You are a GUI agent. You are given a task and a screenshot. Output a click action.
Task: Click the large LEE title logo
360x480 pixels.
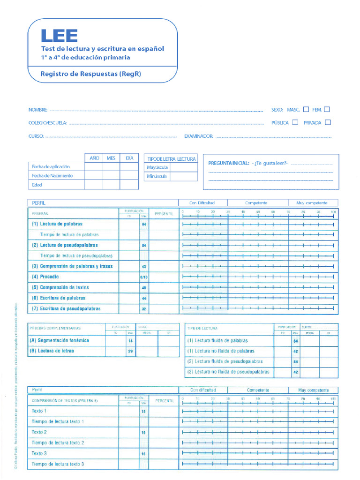click(59, 36)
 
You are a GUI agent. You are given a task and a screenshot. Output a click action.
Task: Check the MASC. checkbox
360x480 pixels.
click(306, 110)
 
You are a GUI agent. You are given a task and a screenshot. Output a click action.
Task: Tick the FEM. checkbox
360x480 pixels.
click(327, 110)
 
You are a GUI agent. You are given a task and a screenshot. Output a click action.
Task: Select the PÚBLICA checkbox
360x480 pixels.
click(295, 123)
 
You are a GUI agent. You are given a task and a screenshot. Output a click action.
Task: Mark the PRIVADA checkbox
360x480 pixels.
click(328, 123)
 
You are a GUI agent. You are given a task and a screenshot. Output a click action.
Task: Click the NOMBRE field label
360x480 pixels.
click(38, 110)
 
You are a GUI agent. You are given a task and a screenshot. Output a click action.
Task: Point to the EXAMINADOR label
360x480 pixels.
click(199, 136)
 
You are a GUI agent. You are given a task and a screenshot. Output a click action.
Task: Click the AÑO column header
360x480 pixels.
click(94, 158)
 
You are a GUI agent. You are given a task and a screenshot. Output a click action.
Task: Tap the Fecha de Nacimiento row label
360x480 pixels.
click(52, 176)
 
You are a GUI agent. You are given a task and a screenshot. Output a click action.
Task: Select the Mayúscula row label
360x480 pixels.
click(157, 167)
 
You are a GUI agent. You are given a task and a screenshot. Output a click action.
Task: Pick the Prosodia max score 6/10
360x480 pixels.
click(144, 277)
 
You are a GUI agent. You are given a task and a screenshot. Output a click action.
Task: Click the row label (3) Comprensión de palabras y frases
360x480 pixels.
click(72, 266)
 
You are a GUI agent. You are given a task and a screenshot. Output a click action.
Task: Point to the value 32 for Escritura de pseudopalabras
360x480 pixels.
click(144, 309)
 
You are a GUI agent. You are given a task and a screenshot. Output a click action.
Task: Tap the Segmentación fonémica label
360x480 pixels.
click(59, 340)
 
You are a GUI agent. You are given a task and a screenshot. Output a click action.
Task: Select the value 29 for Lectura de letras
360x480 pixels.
click(130, 351)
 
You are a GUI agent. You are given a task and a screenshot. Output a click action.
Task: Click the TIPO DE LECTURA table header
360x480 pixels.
click(202, 328)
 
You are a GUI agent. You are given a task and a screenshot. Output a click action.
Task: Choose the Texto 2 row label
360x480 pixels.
click(39, 432)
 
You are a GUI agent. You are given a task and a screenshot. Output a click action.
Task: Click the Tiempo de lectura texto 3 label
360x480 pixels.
click(58, 464)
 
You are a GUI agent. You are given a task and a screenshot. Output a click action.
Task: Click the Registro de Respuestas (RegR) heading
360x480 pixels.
click(91, 74)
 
